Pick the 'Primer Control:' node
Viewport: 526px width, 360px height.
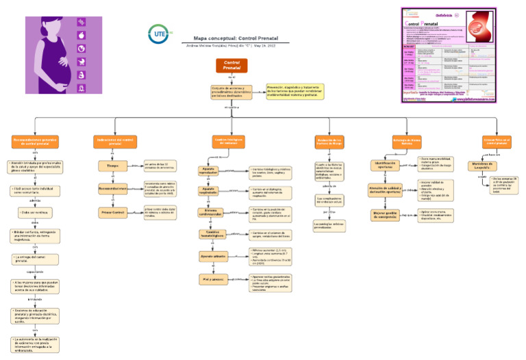pos(114,212)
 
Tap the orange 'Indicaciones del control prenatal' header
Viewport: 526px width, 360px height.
pos(114,142)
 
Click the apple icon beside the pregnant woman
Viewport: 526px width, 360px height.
pos(81,36)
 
